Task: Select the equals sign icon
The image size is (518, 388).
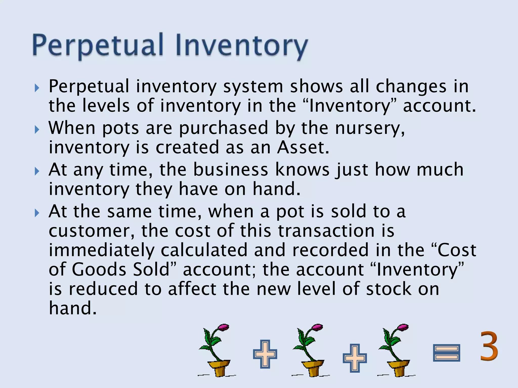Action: click(446, 353)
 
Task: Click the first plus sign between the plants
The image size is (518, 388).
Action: click(265, 354)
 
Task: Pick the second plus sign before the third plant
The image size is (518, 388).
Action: click(355, 358)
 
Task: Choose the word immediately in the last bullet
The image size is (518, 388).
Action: click(101, 250)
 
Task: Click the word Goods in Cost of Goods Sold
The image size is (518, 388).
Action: click(99, 270)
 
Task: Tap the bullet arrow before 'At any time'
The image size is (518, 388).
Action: click(37, 172)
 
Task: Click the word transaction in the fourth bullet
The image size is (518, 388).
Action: click(326, 231)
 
